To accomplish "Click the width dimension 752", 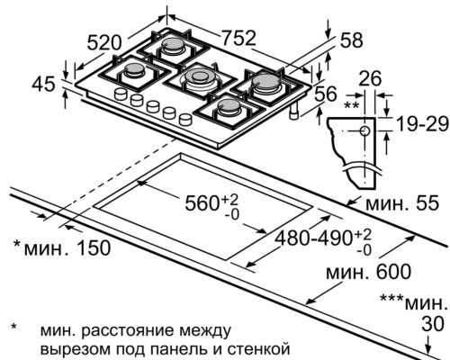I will (238, 37).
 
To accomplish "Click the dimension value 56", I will (327, 92).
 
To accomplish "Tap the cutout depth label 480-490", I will (309, 240).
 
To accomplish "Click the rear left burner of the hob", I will (175, 45).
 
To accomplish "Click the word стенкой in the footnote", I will (263, 346).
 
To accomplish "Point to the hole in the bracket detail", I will (365, 132).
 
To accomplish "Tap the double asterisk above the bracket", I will (351, 105).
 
